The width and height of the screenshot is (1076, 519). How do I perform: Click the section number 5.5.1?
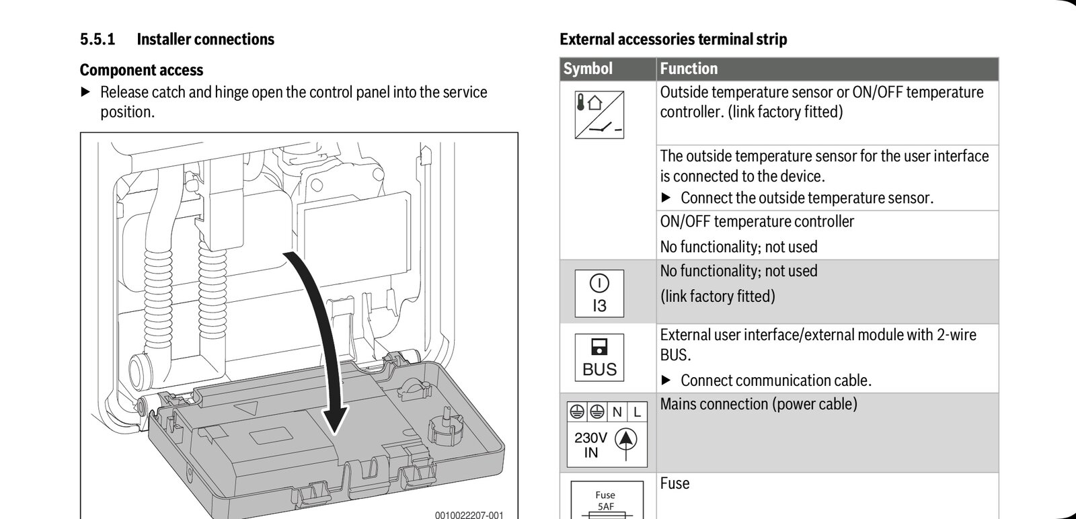pyautogui.click(x=98, y=40)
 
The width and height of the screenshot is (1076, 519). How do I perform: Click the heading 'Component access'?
pyautogui.click(x=141, y=70)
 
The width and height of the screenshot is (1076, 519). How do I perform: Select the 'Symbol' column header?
pyautogui.click(x=588, y=69)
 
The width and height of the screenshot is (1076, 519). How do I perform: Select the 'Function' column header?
pyautogui.click(x=689, y=69)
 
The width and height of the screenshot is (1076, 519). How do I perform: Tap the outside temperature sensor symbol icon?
pyautogui.click(x=599, y=115)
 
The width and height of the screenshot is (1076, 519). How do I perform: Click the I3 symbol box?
pyautogui.click(x=599, y=293)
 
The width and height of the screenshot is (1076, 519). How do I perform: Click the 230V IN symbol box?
pyautogui.click(x=607, y=434)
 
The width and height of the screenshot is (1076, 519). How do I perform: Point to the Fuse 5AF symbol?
pyautogui.click(x=605, y=501)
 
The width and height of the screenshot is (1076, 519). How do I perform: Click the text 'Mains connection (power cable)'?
pyautogui.click(x=759, y=404)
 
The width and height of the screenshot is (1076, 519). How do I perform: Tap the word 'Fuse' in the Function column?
pyautogui.click(x=675, y=483)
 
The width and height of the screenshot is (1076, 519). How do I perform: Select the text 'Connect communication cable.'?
pyautogui.click(x=775, y=381)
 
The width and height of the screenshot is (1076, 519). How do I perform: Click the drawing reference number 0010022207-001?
pyautogui.click(x=468, y=515)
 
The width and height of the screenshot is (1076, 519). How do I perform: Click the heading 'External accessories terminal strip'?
pyautogui.click(x=673, y=40)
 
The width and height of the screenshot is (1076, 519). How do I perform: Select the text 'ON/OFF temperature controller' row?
pyautogui.click(x=757, y=222)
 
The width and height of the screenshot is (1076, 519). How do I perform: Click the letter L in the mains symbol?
pyautogui.click(x=637, y=411)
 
